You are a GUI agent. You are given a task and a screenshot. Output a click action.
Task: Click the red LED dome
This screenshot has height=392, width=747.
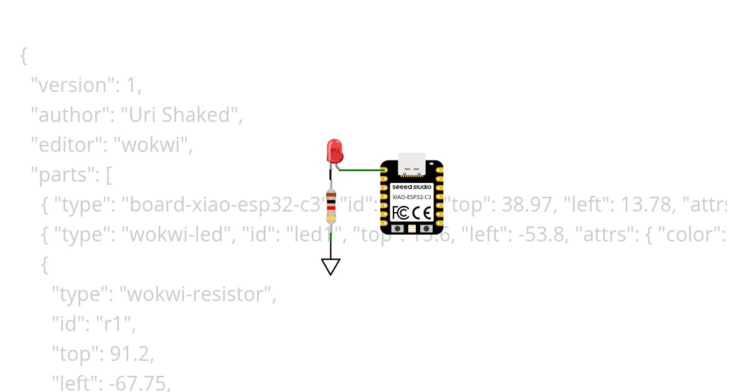point(334,151)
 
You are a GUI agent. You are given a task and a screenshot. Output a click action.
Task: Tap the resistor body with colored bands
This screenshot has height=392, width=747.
point(331,207)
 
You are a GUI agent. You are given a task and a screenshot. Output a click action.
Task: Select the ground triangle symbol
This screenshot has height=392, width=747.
point(331,266)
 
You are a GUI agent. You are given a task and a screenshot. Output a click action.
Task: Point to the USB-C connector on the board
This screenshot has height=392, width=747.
point(411,163)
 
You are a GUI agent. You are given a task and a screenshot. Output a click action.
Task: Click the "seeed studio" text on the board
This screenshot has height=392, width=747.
point(411,187)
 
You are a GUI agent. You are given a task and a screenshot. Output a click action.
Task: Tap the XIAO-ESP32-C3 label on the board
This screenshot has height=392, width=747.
point(411,197)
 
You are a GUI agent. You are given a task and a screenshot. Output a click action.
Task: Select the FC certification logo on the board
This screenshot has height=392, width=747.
point(401,213)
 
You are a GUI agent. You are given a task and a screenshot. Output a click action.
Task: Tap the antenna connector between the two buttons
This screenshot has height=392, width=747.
point(411,229)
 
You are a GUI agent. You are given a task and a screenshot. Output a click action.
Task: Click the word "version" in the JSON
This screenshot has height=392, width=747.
point(73,85)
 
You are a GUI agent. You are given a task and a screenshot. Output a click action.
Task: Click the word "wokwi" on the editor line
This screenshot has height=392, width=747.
point(154,145)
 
